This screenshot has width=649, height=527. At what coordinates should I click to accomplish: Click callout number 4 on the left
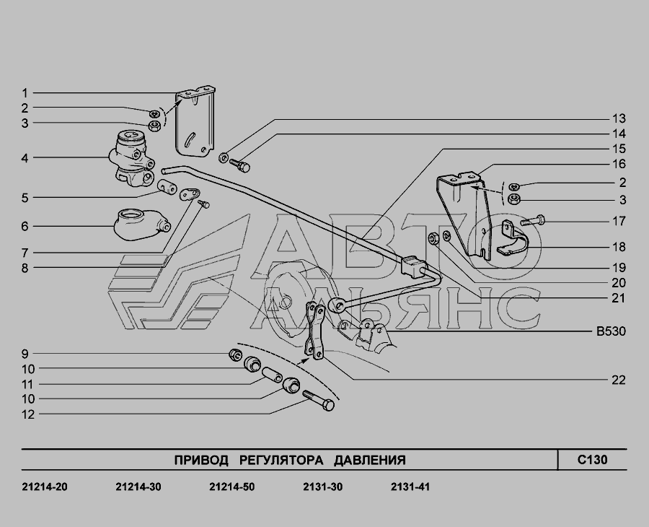click(x=25, y=157)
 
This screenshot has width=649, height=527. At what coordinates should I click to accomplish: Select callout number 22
click(x=618, y=380)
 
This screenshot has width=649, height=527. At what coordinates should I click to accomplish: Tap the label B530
click(x=610, y=332)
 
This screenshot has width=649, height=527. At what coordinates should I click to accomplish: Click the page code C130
click(x=592, y=460)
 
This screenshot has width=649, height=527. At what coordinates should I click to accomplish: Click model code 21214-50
click(x=231, y=487)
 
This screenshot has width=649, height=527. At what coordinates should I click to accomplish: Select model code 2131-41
click(x=410, y=487)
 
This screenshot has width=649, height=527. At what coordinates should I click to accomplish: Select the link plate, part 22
click(x=315, y=331)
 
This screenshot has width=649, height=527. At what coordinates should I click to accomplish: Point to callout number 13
click(x=618, y=118)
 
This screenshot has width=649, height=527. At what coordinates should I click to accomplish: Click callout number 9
click(x=25, y=354)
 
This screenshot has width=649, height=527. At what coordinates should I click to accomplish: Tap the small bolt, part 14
click(x=242, y=167)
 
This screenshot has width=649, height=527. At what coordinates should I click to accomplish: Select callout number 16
click(x=618, y=165)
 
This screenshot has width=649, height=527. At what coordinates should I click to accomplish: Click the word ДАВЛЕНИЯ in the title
click(x=369, y=460)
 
